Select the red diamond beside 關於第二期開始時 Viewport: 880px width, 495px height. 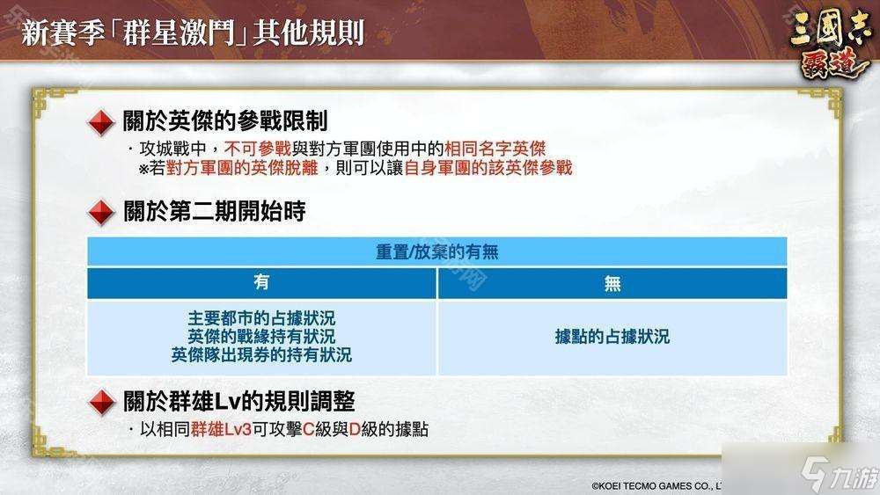point(103,212)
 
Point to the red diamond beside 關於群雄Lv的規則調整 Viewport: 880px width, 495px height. point(103,403)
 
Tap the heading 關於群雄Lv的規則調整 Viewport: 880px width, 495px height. point(239,403)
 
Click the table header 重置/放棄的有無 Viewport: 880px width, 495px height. point(436,252)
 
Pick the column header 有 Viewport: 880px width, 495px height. point(261,282)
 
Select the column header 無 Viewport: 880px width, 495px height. point(612,282)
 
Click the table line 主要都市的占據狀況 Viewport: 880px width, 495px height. point(261,317)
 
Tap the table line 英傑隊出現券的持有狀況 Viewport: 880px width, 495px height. point(261,355)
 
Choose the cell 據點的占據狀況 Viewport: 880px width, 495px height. point(612,337)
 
